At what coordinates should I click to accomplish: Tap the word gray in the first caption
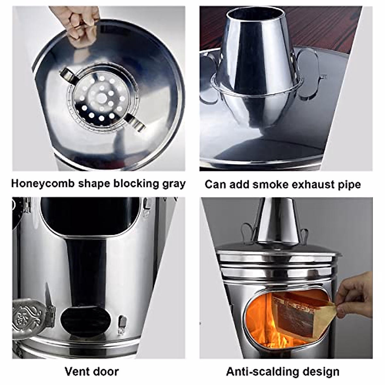point(173,184)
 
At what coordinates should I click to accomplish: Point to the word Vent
point(77,372)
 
